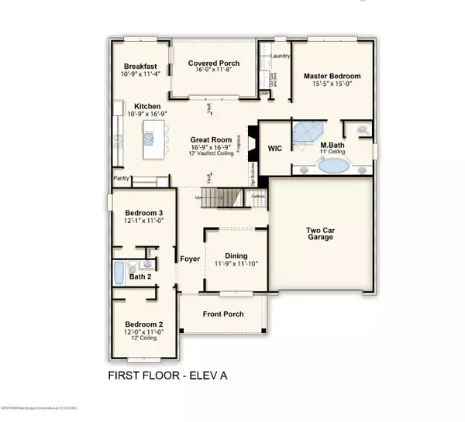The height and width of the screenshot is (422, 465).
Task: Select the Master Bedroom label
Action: click(x=332, y=76)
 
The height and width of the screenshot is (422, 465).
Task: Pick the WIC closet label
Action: click(x=274, y=146)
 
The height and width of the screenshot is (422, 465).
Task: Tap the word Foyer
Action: click(x=190, y=259)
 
